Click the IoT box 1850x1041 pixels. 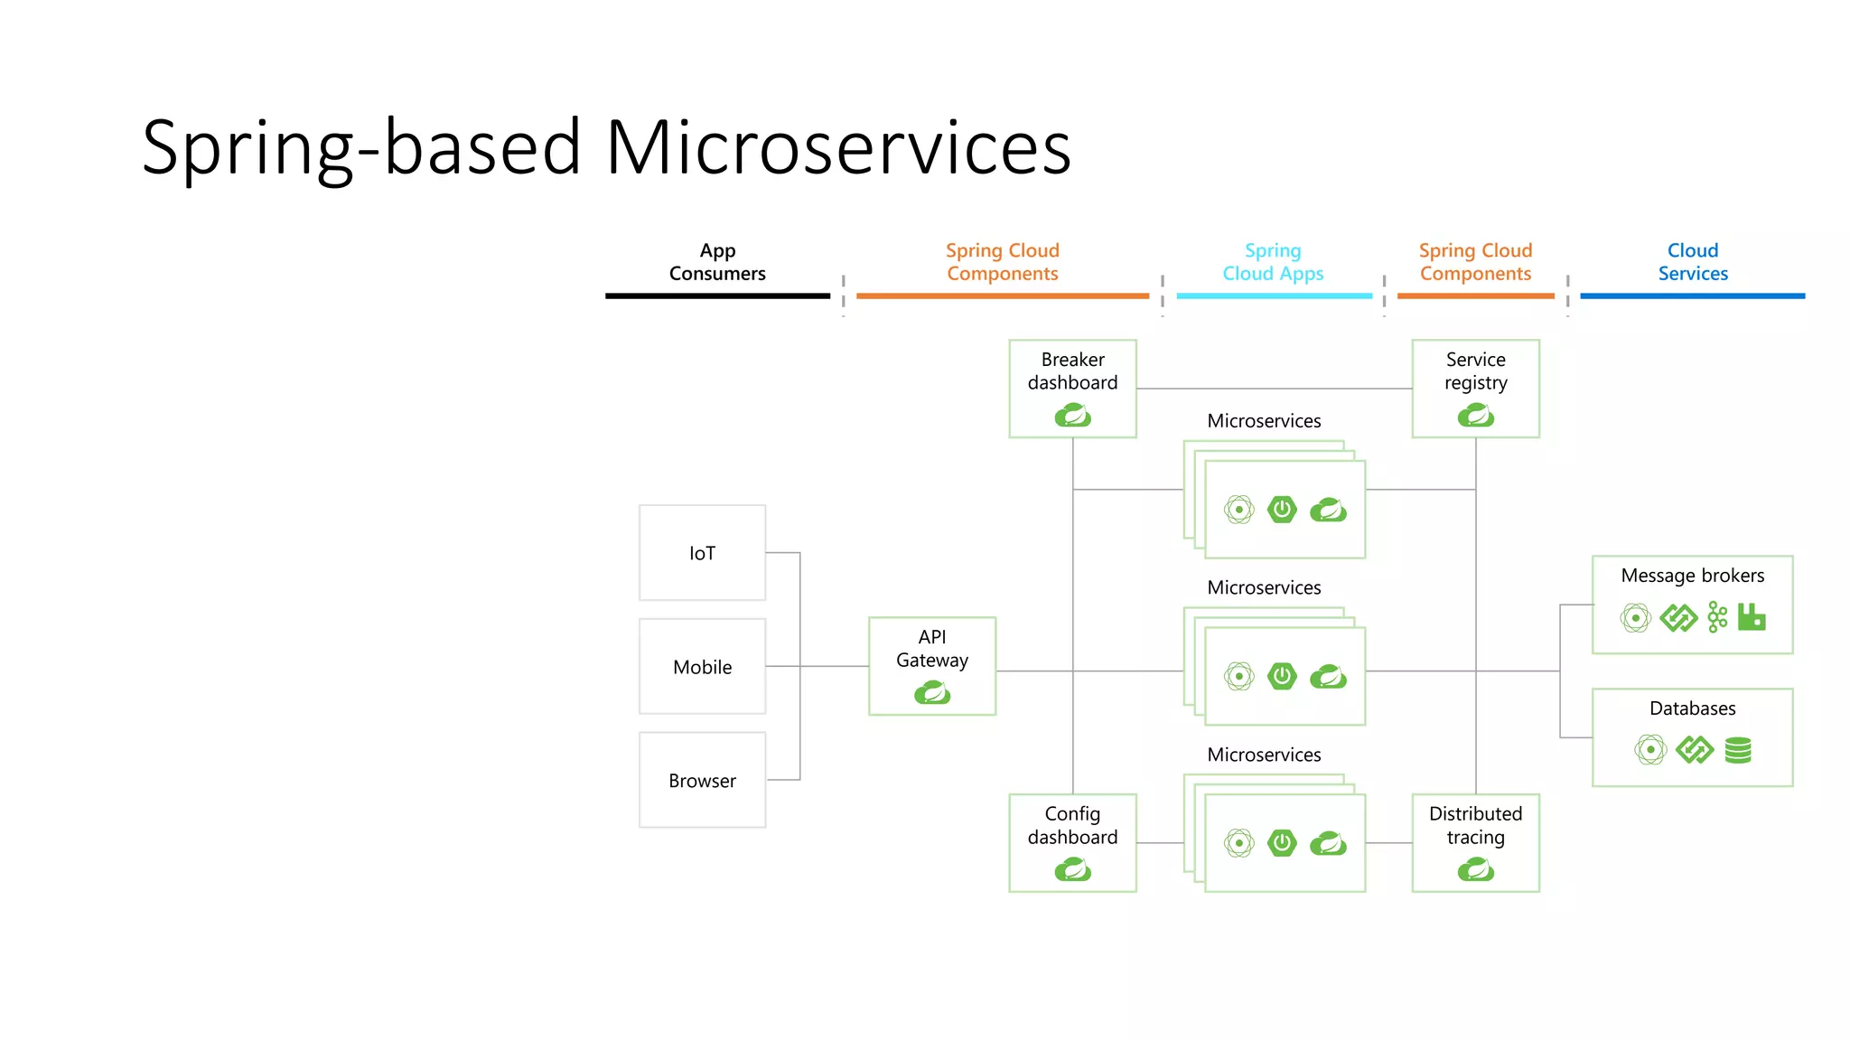[702, 552]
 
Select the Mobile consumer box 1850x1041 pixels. [702, 666]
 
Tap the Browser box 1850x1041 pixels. [702, 780]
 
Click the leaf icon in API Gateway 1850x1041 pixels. [932, 693]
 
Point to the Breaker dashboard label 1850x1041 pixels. [1072, 370]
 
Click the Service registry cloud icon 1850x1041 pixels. [1475, 416]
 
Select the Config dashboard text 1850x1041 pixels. [1072, 825]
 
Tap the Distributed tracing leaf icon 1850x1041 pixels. [1475, 870]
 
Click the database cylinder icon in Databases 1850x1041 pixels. [1738, 750]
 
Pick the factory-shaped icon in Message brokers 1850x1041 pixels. [1752, 617]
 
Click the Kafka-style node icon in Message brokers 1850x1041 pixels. [1717, 617]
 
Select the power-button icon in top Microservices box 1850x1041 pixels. [1282, 510]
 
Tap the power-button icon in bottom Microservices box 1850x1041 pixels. [1282, 843]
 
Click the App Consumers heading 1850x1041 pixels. [717, 262]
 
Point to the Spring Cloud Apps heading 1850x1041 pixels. [1273, 262]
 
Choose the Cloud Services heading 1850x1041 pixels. [1692, 262]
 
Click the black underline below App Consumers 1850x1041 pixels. [717, 295]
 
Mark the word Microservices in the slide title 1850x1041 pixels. [837, 147]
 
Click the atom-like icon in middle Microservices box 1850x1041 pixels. [1238, 676]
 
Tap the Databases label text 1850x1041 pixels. [1692, 708]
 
